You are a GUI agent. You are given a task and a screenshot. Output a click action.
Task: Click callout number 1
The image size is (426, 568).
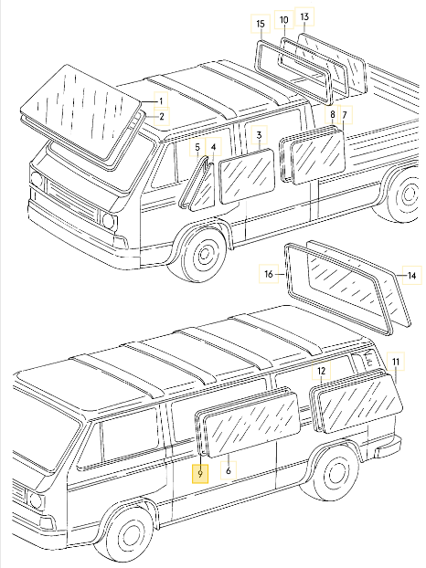(162, 100)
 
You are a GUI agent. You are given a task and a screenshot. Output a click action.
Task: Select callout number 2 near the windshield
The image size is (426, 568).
(162, 116)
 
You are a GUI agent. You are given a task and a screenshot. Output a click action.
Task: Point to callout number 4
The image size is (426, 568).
(213, 147)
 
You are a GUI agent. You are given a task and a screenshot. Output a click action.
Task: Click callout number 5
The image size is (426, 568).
(197, 147)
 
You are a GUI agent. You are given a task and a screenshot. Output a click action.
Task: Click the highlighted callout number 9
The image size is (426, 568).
(199, 472)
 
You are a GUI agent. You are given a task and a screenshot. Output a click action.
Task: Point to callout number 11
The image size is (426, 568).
(396, 363)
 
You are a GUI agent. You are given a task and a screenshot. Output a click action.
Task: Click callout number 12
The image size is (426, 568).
(321, 372)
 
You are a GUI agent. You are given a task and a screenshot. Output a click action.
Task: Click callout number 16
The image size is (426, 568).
(269, 273)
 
